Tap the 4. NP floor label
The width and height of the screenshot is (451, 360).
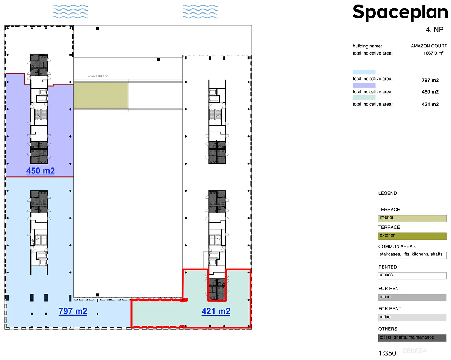coord(434,30)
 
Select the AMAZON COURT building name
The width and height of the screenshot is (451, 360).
coord(429,46)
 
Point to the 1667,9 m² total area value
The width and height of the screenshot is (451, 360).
coord(433,53)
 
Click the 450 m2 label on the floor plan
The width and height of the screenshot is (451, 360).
coord(41,171)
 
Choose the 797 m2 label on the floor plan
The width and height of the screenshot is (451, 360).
coord(73,311)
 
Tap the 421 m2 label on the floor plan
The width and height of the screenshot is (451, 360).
coord(216,311)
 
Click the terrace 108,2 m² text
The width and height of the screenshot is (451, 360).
coord(98,76)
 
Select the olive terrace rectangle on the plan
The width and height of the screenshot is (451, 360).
coord(101,96)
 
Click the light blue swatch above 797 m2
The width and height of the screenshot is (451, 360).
coord(364,72)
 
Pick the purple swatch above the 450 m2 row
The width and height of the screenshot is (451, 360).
coord(364,85)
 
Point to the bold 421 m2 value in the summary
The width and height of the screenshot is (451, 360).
coord(430,104)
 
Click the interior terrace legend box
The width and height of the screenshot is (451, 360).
coord(412,219)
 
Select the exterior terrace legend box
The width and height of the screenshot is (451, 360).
coord(412,236)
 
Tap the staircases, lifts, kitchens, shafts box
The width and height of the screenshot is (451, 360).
coord(412,255)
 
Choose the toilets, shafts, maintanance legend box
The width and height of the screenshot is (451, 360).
coord(412,338)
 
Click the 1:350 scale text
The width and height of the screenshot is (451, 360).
coord(387,353)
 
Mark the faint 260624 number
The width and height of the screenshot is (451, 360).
coord(414,351)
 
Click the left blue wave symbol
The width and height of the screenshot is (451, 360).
coord(70,11)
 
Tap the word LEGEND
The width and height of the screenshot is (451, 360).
coord(387,193)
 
